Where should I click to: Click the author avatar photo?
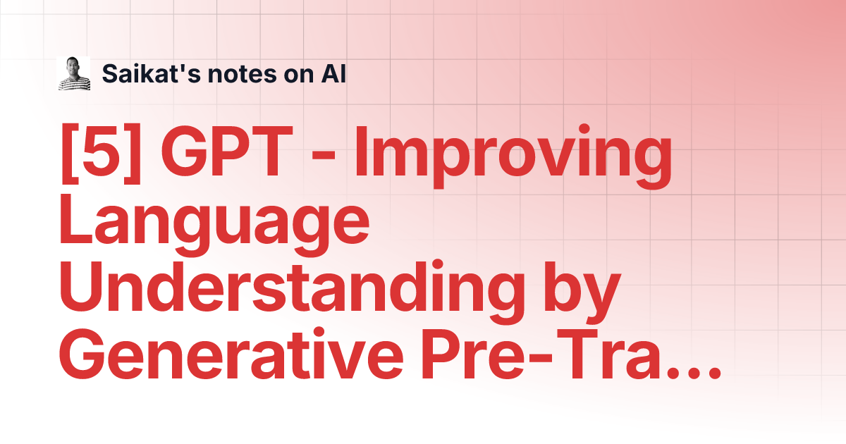73,73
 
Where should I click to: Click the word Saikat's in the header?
152,73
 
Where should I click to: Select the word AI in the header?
333,73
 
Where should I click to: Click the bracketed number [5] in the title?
101,153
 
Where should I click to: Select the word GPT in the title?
226,151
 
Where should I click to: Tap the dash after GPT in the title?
324,156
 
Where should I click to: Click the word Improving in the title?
513,156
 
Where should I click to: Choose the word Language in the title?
214,226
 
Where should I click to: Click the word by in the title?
582,292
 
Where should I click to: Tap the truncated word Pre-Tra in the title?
541,353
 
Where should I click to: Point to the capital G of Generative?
83,353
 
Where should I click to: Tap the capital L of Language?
75,219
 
